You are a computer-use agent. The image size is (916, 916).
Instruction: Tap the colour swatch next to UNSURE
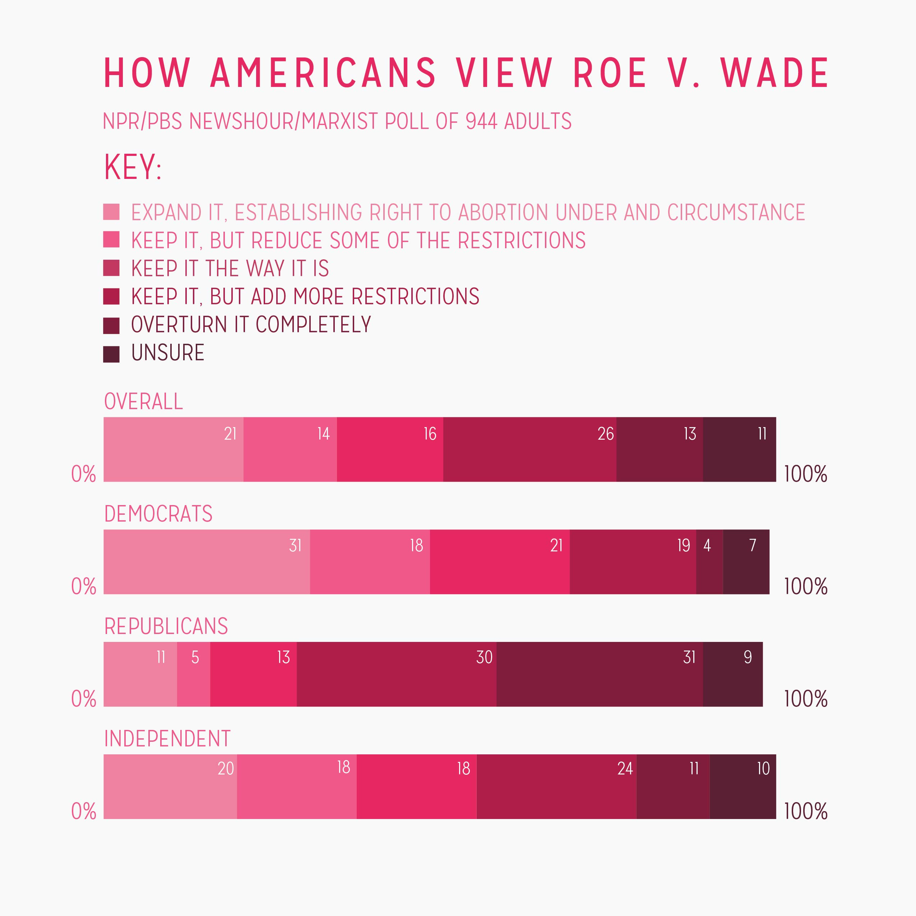tap(111, 354)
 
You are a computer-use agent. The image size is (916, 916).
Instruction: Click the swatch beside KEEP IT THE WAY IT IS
tap(111, 268)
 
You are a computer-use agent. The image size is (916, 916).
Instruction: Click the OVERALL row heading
tap(143, 402)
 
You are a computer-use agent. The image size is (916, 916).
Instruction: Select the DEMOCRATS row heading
tap(158, 514)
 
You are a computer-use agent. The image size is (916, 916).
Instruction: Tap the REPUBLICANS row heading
tap(166, 626)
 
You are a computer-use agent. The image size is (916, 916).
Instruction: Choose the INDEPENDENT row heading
tap(167, 739)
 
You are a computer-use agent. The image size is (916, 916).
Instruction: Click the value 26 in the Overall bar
tap(605, 434)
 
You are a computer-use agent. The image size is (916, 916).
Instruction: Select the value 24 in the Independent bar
tap(625, 769)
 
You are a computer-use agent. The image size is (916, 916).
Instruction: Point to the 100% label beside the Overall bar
tap(805, 474)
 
